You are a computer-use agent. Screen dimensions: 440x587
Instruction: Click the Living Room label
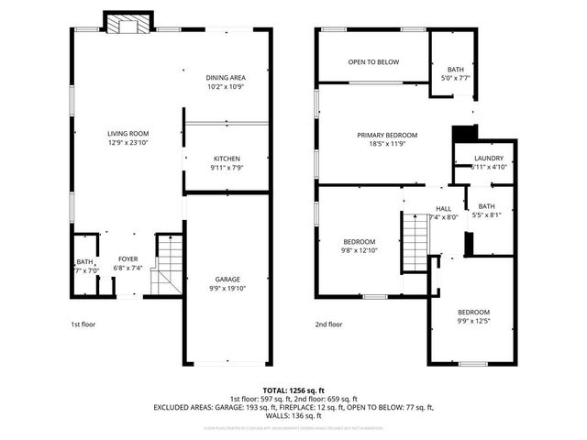pyautogui.click(x=127, y=134)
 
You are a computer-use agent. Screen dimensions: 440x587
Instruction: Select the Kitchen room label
pyautogui.click(x=227, y=158)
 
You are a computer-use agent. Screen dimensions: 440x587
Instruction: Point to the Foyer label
pyautogui.click(x=127, y=259)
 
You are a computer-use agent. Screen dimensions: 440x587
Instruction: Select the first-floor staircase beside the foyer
pyautogui.click(x=167, y=266)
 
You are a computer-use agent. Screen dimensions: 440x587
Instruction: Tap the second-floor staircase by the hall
pyautogui.click(x=415, y=240)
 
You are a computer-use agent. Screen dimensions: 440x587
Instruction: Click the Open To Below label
pyautogui.click(x=373, y=62)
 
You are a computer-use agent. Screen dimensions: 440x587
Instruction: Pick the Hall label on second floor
pyautogui.click(x=444, y=208)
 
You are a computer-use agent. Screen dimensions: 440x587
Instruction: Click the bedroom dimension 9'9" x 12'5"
pyautogui.click(x=474, y=321)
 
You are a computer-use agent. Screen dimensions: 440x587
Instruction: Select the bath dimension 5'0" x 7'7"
pyautogui.click(x=456, y=79)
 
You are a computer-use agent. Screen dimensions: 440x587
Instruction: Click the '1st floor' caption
pyautogui.click(x=83, y=324)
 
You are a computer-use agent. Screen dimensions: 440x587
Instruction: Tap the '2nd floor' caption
pyautogui.click(x=328, y=324)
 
